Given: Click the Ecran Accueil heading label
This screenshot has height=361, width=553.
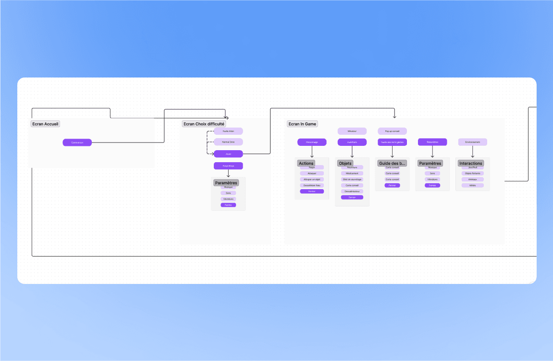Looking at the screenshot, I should coord(45,124).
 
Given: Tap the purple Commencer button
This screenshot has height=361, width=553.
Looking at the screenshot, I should coord(77,142).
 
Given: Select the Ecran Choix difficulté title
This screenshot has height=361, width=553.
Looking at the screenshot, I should coord(204,124).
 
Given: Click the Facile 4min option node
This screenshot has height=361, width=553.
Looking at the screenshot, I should coord(228,131).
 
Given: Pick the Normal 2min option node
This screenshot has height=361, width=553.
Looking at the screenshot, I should coord(228,142).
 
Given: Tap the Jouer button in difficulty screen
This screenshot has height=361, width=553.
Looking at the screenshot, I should coord(228,154).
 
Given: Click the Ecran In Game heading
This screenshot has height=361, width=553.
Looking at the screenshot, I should coord(302,124).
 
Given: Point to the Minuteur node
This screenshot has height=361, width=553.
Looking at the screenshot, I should coord(352,131).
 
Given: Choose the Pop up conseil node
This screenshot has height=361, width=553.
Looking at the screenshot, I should coord(392,131).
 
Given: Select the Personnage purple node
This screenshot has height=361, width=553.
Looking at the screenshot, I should coord(312,142).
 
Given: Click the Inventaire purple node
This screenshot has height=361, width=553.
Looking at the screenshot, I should coord(352,142).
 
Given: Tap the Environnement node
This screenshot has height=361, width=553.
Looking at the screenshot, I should coord(472,142).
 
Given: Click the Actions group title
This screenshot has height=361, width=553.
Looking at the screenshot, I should coord(306,163).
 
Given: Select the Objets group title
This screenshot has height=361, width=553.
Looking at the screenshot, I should coord(345,163).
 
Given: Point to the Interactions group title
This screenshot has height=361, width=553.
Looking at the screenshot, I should coord(470,163).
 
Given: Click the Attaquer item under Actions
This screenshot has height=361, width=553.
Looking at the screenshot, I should coord(312,173).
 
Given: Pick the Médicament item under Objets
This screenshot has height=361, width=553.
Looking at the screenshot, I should coord(352,173).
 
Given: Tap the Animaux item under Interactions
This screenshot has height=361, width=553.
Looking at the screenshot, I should coord(472,179).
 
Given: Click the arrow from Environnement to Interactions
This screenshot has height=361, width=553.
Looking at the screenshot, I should coord(472,152).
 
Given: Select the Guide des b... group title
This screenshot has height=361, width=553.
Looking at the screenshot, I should coord(392,163).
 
